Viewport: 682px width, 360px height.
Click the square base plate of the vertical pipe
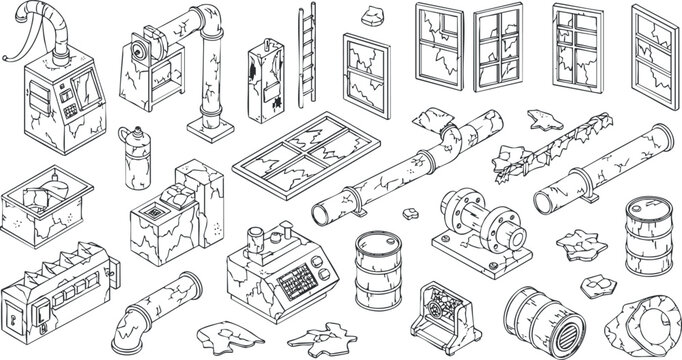[x=211, y=130]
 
